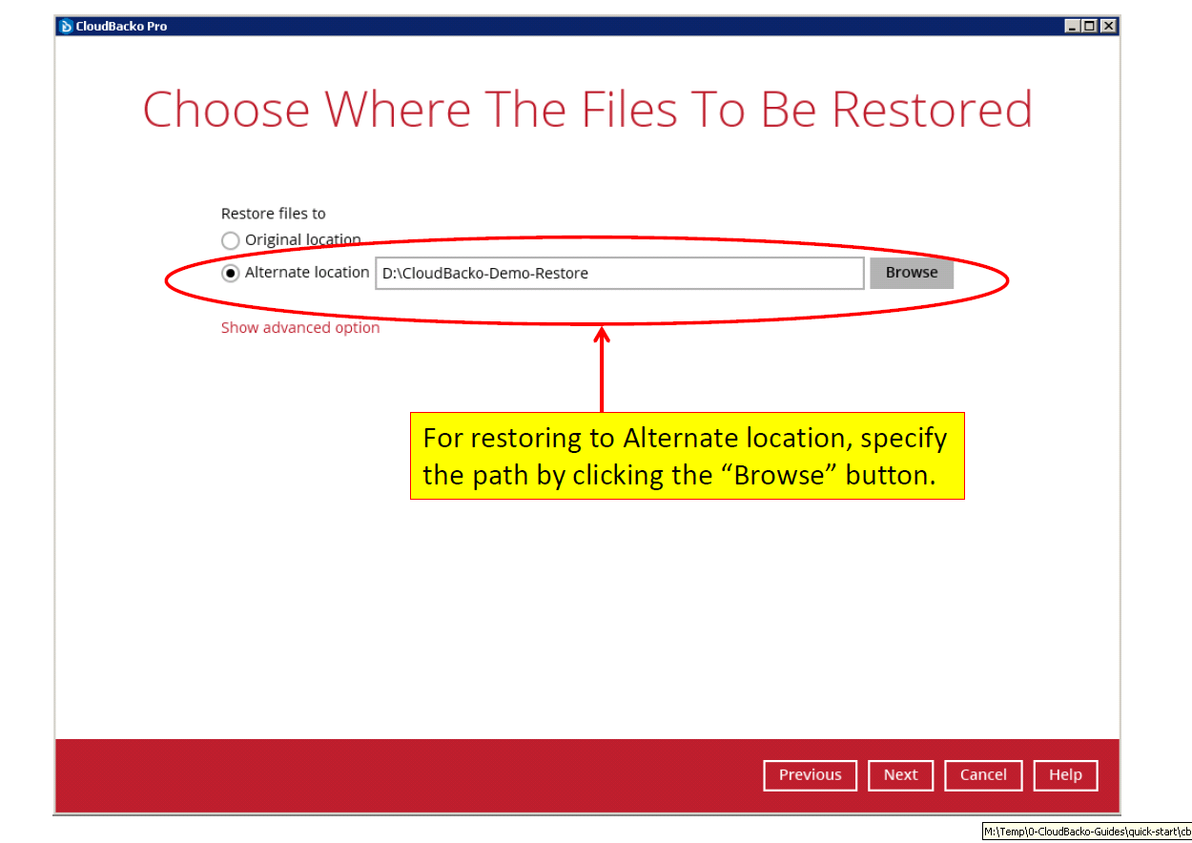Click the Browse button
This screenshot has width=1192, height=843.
[x=911, y=273]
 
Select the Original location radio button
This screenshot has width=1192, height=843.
[x=230, y=240]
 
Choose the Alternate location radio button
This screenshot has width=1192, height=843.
[x=230, y=273]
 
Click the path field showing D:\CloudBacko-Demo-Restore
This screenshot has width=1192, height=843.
[x=620, y=273]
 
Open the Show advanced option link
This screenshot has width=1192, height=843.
[x=300, y=327]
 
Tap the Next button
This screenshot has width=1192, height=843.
[x=900, y=775]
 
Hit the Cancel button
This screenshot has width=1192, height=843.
[x=983, y=775]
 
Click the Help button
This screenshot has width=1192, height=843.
[x=1065, y=775]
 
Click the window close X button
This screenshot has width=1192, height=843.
[x=1108, y=26]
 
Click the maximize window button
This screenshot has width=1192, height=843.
[x=1090, y=26]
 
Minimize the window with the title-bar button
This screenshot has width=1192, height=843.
[x=1072, y=26]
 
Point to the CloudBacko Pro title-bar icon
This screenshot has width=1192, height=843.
[x=66, y=26]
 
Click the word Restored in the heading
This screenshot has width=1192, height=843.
[x=932, y=110]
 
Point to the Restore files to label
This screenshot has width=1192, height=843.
[x=273, y=214]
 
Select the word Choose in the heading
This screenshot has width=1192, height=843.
[x=226, y=110]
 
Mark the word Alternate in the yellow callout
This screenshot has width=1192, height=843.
[x=681, y=439]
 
